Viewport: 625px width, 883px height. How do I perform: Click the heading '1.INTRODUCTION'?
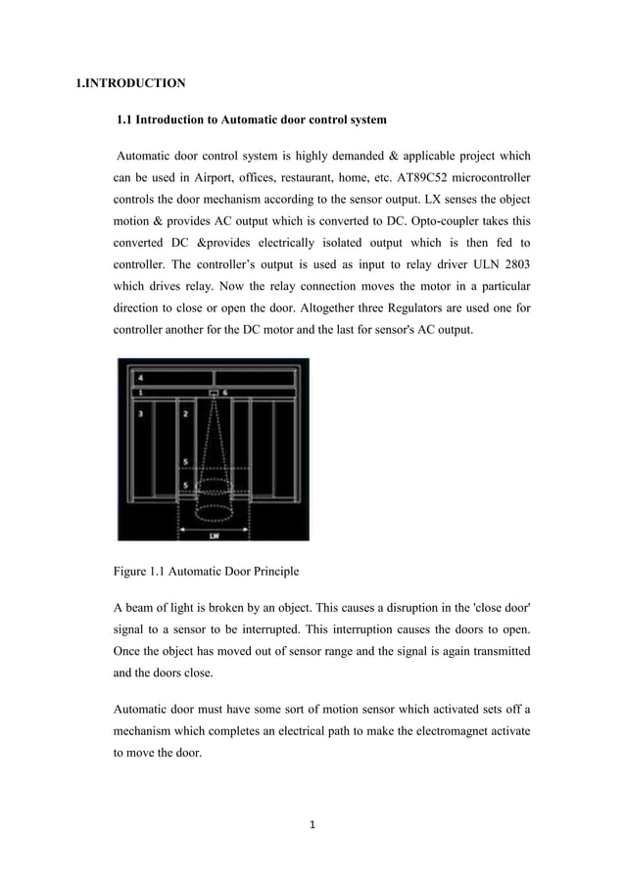[131, 83]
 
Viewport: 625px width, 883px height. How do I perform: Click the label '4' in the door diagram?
[140, 377]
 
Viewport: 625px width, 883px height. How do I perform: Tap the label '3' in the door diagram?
[141, 415]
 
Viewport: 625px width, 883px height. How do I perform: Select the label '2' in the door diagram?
[186, 415]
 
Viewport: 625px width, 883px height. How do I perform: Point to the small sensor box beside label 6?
[213, 393]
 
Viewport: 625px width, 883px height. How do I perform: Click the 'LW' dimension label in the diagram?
[213, 535]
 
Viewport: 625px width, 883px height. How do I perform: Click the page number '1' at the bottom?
[312, 825]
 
